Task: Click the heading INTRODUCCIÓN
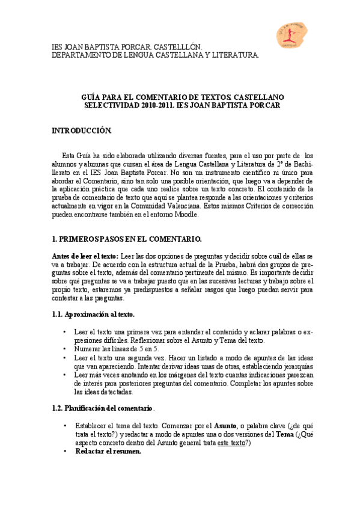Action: [x=82, y=130]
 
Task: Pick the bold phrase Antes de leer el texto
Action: [x=85, y=256]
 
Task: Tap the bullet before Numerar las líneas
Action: [x=65, y=348]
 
